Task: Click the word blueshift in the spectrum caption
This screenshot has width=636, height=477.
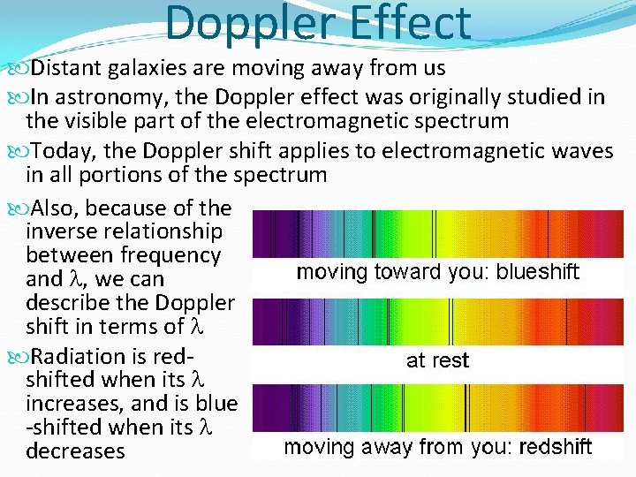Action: [x=538, y=272]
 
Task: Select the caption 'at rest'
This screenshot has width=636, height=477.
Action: [x=437, y=360]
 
